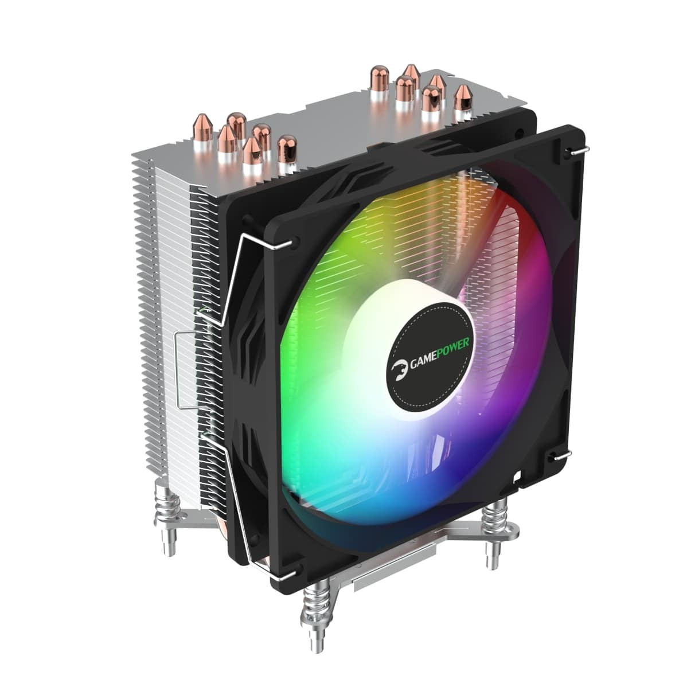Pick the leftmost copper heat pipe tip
point(202,126)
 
